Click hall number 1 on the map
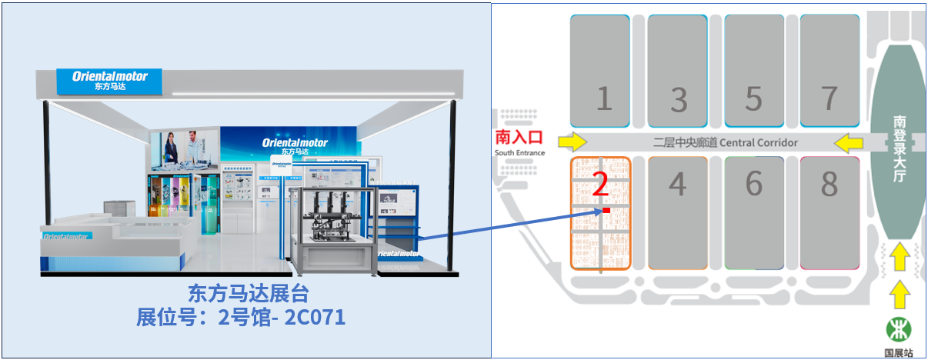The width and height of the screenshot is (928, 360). pyautogui.click(x=603, y=99)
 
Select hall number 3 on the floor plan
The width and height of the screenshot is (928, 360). pyautogui.click(x=678, y=99)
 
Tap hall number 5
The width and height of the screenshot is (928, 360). pyautogui.click(x=753, y=99)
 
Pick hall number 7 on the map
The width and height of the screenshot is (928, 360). pyautogui.click(x=829, y=98)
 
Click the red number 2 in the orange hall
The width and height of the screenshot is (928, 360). pyautogui.click(x=602, y=185)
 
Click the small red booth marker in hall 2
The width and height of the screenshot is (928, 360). pyautogui.click(x=606, y=210)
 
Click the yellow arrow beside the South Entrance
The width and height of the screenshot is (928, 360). pyautogui.click(x=572, y=142)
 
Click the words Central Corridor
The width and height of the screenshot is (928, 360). pyautogui.click(x=758, y=142)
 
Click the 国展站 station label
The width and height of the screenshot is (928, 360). pyautogui.click(x=898, y=353)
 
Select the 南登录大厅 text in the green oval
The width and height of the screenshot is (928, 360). pyautogui.click(x=899, y=149)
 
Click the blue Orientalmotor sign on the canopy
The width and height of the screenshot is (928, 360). pyautogui.click(x=109, y=81)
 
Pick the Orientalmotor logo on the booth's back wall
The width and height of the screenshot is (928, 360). pyautogui.click(x=295, y=144)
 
